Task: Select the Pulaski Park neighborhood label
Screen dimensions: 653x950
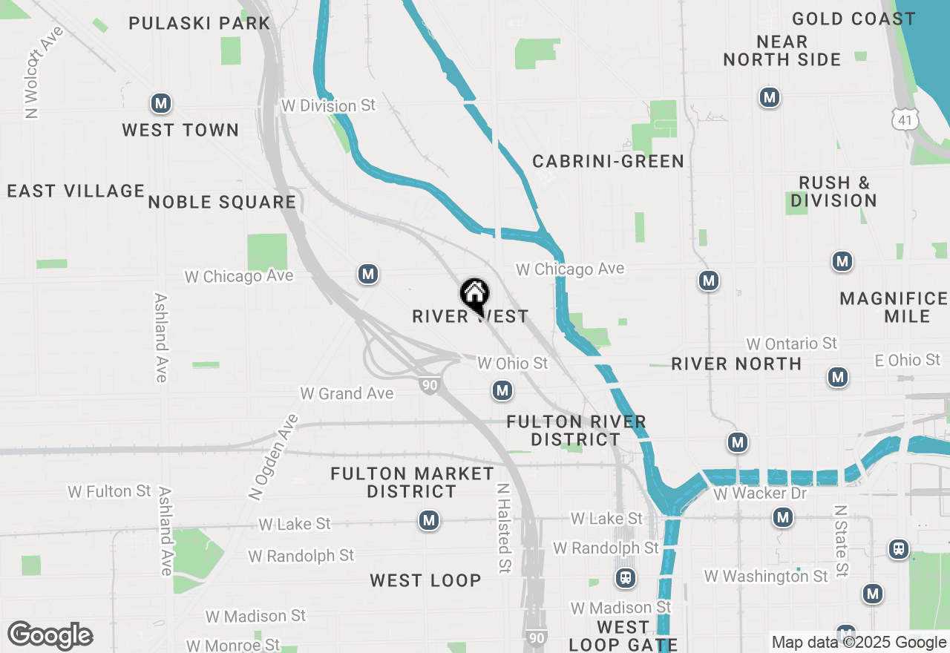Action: coord(200,23)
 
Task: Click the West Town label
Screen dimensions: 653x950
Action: coord(180,131)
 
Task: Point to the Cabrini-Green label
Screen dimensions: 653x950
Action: coord(609,161)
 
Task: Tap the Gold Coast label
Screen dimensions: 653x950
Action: coord(854,19)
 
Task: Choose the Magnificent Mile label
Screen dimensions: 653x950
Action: coord(894,307)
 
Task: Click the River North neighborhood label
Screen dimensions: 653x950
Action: coord(736,364)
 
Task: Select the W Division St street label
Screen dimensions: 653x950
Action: coord(328,106)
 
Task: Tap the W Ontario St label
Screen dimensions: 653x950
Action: coord(791,344)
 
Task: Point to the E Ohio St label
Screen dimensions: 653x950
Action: coord(907,361)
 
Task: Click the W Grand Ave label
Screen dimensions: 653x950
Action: coord(347,393)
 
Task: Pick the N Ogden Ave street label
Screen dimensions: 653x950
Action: coord(273,456)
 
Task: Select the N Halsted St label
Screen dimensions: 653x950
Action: coord(504,528)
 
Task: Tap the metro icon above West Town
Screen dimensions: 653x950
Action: coord(161,104)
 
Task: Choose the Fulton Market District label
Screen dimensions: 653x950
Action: coord(412,482)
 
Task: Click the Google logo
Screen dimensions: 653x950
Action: coord(50,636)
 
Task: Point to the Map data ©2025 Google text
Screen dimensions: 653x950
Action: coord(859,643)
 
